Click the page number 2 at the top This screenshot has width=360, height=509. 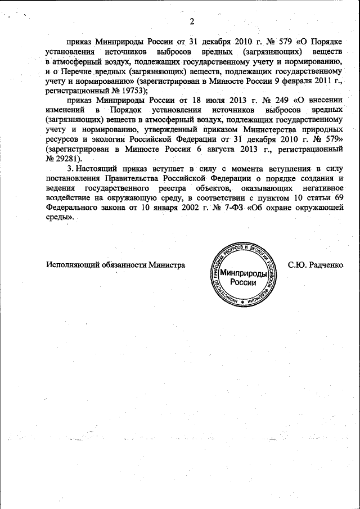point(191,22)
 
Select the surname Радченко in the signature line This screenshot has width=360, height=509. point(325,264)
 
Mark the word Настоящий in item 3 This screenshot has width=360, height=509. point(99,168)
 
